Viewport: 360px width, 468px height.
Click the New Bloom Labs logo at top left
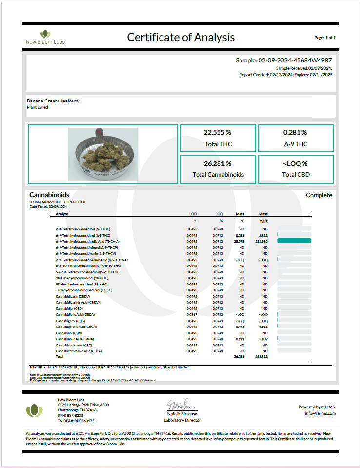pos(45,37)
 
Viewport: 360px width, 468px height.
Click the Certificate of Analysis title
pos(180,37)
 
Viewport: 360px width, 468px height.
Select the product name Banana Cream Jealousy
pos(53,101)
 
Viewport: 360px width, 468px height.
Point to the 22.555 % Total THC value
pos(218,132)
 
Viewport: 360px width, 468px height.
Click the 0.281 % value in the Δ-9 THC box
pos(295,132)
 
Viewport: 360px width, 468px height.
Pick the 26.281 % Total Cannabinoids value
pos(218,163)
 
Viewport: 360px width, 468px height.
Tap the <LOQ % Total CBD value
pos(295,163)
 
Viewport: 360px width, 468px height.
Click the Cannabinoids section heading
pos(49,195)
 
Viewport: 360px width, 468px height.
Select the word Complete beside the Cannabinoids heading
pos(319,195)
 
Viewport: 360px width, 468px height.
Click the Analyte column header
pos(61,214)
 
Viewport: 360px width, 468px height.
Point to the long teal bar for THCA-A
pos(294,241)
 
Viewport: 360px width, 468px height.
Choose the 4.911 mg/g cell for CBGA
pos(263,326)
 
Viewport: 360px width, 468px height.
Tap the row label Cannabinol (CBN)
pos(69,333)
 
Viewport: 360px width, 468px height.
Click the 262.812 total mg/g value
pos(262,357)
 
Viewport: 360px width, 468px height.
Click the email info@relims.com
pos(320,413)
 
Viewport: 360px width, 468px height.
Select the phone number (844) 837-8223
pos(70,415)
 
